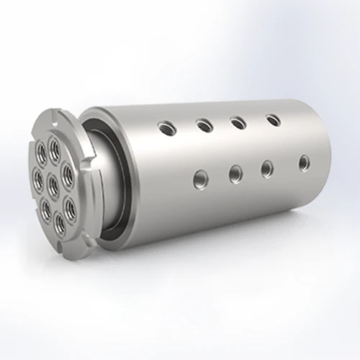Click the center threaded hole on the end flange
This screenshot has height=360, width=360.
(x=53, y=177)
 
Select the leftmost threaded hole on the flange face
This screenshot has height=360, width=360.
(x=38, y=175)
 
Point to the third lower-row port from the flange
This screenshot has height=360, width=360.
(x=267, y=167)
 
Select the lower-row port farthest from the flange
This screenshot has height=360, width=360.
(x=303, y=163)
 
